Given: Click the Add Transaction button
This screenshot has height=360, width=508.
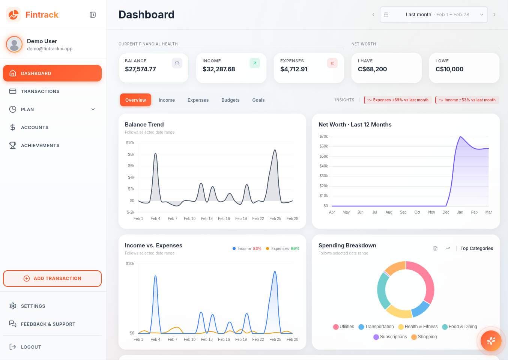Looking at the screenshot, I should point(52,279).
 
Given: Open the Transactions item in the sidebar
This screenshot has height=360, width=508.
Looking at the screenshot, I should point(40,91).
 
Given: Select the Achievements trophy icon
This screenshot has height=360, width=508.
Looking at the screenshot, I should point(13,145).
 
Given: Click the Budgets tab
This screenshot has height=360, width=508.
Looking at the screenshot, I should point(230,100).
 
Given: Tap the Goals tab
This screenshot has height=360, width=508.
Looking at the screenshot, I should point(258,100).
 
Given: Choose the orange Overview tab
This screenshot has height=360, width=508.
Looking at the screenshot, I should point(135,100).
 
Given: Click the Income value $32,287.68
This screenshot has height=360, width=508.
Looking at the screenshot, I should point(219,69).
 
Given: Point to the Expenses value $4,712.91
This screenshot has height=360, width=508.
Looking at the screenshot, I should point(294,69).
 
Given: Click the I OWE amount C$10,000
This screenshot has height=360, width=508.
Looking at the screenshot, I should point(449,69).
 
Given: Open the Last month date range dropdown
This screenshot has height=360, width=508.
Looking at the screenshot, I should point(433,15).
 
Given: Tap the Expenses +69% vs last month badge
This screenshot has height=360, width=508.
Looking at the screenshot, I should point(398,100).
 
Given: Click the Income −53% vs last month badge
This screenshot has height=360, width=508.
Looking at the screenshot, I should point(467,100).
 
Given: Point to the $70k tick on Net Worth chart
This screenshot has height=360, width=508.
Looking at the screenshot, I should point(323,136).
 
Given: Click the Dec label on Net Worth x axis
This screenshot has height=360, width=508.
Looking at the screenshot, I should point(446,212).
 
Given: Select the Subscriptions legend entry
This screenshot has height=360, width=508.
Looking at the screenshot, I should point(390,337).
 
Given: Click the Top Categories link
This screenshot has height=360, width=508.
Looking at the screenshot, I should point(476,249).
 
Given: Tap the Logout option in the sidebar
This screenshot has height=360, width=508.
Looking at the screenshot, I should point(31,347).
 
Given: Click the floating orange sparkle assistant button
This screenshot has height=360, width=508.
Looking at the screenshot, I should point(491,341).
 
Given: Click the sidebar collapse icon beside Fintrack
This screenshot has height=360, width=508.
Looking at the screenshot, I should point(93,15).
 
